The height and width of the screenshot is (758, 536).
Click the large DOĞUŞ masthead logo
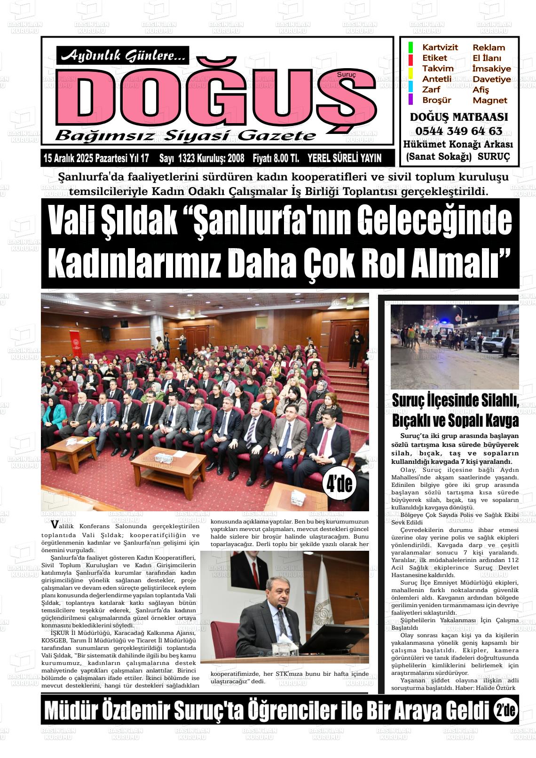[216, 97]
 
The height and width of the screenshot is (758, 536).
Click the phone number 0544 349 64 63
[458, 131]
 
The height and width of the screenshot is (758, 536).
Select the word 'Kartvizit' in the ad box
[440, 47]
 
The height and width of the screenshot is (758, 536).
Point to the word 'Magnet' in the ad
[490, 100]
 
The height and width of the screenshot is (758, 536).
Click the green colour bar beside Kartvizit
[410, 47]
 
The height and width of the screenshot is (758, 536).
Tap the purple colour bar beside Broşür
[410, 100]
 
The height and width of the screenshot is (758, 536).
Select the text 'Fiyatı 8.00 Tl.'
[276, 159]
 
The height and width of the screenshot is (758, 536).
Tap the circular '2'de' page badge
[505, 711]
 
